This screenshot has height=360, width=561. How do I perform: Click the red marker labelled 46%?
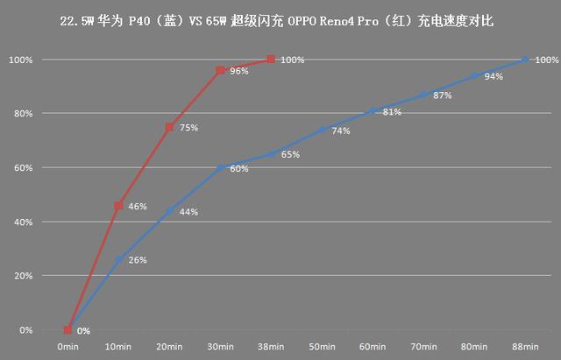(118, 206)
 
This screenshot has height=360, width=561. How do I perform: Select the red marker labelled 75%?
(169, 127)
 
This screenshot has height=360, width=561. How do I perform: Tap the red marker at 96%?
(220, 70)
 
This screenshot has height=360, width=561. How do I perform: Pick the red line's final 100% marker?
(271, 60)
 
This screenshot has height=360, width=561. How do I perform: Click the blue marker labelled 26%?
(118, 259)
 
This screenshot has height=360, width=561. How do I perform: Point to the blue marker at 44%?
(169, 211)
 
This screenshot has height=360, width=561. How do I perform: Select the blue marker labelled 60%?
(220, 167)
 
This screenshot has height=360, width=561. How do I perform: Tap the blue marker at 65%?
(271, 154)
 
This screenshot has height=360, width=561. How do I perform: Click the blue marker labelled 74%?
(322, 130)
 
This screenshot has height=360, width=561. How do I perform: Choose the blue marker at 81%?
(373, 110)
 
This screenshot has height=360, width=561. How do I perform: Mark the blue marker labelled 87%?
(423, 95)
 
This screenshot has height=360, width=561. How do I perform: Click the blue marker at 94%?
(474, 75)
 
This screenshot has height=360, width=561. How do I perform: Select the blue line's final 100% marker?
(525, 60)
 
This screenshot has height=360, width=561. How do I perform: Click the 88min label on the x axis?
(525, 348)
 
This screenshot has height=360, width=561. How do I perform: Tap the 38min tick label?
(271, 348)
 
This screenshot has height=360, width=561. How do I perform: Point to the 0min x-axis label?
(67, 348)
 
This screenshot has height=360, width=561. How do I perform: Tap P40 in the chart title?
(138, 19)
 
